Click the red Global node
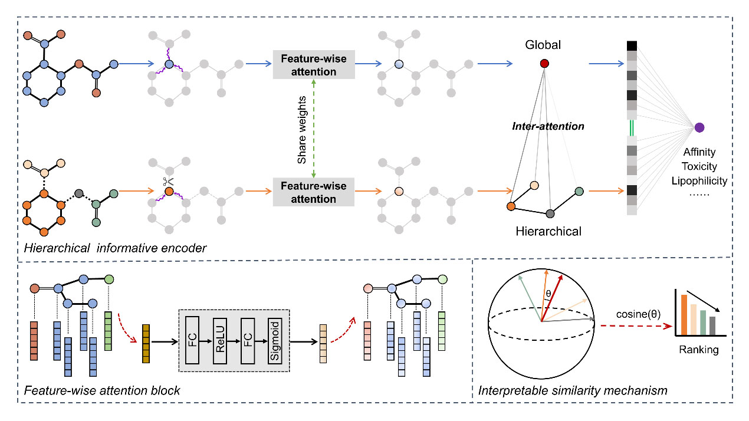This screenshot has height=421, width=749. coord(544,63)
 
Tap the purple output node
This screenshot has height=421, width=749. coord(699,127)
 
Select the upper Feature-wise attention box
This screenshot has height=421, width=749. coord(314,65)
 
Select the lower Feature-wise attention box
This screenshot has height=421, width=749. coord(314,192)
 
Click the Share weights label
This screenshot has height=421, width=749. coord(302,130)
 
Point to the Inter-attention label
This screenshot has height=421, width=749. coord(548,126)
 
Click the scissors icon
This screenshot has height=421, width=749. coord(168,182)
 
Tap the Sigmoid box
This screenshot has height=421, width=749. coord(275,341)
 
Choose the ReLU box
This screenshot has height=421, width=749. coord(219,341)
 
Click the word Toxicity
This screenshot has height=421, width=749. coord(699,166)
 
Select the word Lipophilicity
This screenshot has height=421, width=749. coord(699,181)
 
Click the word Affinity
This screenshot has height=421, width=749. coord(699,152)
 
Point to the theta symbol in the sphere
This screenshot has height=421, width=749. coord(548,294)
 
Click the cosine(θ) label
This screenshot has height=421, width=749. coord(638,314)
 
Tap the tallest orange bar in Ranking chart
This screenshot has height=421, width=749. coord(684,315)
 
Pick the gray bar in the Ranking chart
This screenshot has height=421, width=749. coord(712,325)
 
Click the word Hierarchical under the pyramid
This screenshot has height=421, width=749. coord(548,231)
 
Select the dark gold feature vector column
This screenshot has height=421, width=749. coord(146,343)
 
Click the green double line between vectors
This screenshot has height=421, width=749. coord(631,128)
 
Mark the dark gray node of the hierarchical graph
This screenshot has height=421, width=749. coord(550,213)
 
